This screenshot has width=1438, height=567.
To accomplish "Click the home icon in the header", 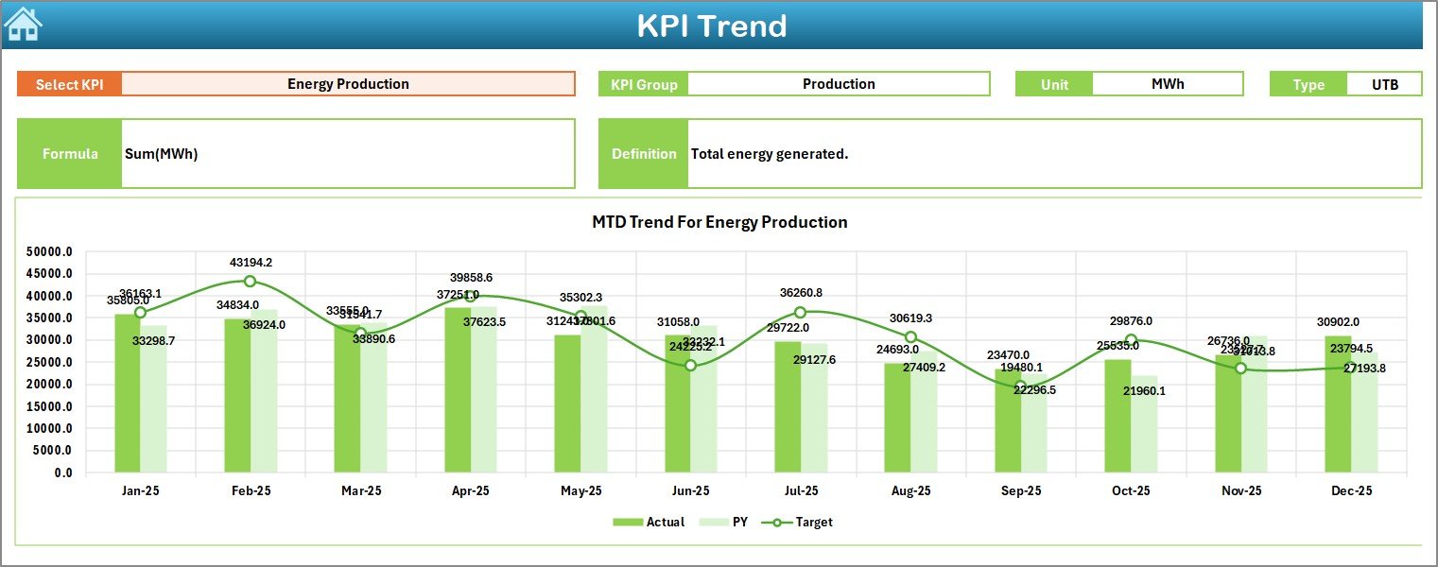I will coord(24,25).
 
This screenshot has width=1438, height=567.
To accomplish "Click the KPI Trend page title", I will coord(711,26).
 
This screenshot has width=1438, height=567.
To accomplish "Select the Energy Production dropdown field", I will coord(348,84).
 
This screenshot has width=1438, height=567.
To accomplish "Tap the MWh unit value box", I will coord(1167,84).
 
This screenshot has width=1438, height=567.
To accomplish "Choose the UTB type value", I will coord(1384,84).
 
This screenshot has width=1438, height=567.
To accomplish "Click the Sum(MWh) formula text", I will coord(161,154).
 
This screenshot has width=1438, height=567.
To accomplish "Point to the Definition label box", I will coord(643,154).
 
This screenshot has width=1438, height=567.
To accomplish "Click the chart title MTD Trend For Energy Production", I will coord(719,222).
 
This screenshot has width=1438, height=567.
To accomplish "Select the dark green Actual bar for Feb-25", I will coord(236,397).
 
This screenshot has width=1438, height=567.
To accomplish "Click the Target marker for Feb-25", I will coord(250,282).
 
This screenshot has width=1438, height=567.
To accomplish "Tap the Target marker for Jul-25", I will coord(800,313).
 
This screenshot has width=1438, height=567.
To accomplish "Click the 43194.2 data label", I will coord(251,262).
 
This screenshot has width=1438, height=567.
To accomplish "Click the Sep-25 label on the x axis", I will coord(1021,491).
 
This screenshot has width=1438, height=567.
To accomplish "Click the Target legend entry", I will coord(803,522).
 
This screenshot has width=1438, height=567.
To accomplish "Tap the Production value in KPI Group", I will coord(839,84).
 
